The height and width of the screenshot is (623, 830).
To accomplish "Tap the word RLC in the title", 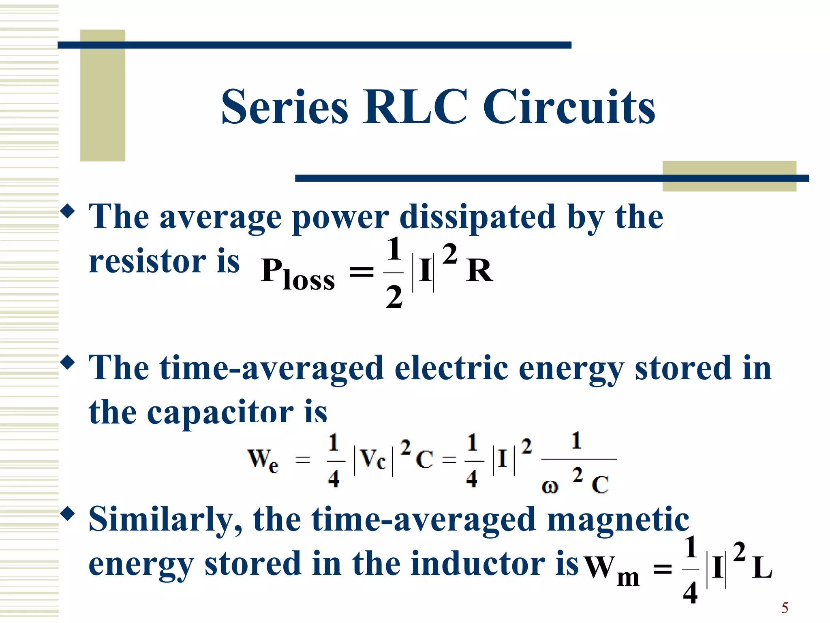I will click(x=415, y=107).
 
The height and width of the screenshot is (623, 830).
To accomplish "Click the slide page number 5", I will click(x=785, y=608).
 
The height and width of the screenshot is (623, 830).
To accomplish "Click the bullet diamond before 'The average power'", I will click(x=68, y=211).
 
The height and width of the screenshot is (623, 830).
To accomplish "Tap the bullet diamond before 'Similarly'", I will click(x=68, y=514).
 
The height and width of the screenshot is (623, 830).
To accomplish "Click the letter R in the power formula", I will click(x=479, y=271).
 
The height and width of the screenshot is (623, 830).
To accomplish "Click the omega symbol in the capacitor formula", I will click(x=550, y=486).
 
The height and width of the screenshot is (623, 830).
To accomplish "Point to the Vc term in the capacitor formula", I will click(x=373, y=460).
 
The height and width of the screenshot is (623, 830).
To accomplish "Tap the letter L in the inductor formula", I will click(x=762, y=568).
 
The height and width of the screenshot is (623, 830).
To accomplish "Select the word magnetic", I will click(x=618, y=520).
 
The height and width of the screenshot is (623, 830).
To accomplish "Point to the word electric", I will click(x=451, y=368).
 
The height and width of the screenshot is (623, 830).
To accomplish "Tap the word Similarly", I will click(x=165, y=520).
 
